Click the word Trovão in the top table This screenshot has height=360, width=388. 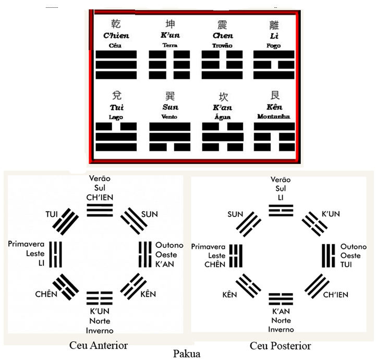[x=222, y=46]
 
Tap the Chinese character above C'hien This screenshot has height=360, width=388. [x=117, y=24]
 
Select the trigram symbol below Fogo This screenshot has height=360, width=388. [x=274, y=65]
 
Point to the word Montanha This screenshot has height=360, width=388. [x=274, y=116]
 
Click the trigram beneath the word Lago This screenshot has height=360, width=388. [x=117, y=137]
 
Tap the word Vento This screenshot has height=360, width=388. [x=170, y=117]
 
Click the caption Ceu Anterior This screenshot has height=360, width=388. [x=99, y=345]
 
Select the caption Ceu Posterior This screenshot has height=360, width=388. [x=280, y=345]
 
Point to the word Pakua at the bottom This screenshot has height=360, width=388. [x=186, y=353]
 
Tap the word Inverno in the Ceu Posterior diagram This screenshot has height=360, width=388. [x=281, y=329]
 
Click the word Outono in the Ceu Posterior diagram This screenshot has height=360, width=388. [x=354, y=247]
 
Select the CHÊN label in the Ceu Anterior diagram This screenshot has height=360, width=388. [x=46, y=295]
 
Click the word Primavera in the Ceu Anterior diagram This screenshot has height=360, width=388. [x=26, y=244]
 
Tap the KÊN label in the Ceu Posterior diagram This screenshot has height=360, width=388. [x=229, y=295]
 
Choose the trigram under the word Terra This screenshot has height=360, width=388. [x=170, y=65]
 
